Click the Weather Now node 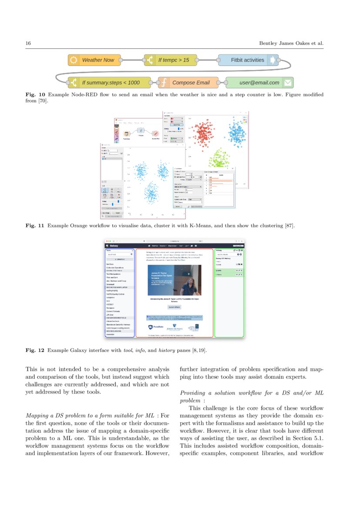point(93,60)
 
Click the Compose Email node point(187,82)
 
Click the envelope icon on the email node point(287,82)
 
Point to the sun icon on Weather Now point(74,60)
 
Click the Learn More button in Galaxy point(174,307)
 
